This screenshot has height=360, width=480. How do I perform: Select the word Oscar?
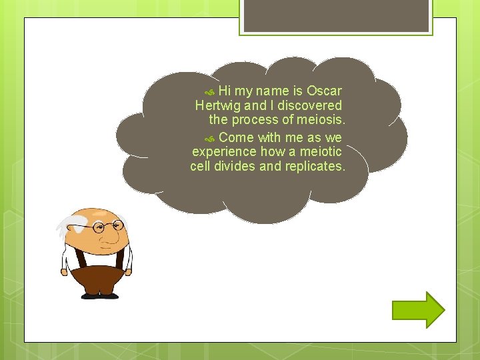(324, 91)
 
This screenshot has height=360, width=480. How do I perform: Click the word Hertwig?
(218, 105)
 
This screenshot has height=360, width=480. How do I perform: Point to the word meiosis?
(322, 120)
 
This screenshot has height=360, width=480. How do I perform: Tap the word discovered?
(310, 105)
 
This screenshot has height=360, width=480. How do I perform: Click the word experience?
(224, 152)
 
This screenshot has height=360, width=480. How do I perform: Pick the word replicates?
(315, 167)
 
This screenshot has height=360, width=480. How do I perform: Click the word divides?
(235, 167)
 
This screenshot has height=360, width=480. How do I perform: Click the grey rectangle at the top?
(336, 15)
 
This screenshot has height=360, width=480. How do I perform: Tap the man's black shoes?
(99, 295)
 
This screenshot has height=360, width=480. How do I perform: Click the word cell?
(199, 167)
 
